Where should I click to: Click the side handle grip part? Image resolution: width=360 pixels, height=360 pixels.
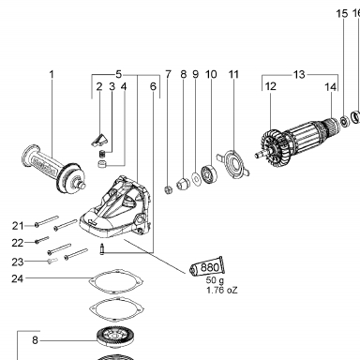(x=53, y=168)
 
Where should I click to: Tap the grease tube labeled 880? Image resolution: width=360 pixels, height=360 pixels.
(x=208, y=267)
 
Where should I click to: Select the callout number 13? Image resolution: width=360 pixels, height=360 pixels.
(x=299, y=75)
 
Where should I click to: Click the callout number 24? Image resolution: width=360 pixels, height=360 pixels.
(x=18, y=278)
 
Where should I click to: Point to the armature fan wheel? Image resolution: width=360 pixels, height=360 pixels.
(x=273, y=146)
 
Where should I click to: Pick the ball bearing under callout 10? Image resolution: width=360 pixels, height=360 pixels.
(x=208, y=173)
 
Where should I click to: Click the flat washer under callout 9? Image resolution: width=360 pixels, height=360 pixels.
(x=197, y=179)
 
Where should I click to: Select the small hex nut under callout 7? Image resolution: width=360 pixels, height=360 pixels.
(x=169, y=189)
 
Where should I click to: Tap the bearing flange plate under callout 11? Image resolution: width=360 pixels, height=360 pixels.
(x=233, y=163)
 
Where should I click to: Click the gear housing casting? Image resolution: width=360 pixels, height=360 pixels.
(x=115, y=208)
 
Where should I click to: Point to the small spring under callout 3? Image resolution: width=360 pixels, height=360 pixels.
(x=102, y=155)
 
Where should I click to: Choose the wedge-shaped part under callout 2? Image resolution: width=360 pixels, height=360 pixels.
(x=99, y=140)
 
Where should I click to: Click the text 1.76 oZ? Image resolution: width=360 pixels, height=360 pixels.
(x=222, y=290)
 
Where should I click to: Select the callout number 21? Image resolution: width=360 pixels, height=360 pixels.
(x=18, y=226)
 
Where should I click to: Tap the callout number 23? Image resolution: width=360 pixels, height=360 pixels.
(x=18, y=262)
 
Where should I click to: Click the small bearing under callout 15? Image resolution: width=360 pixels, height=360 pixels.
(x=344, y=121)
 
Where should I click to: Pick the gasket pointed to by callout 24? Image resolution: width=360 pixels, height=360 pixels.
(x=115, y=281)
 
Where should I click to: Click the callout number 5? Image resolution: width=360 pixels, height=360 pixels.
(x=118, y=75)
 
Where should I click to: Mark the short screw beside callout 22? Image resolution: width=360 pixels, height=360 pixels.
(x=42, y=240)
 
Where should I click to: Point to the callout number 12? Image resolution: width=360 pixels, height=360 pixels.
(x=271, y=86)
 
